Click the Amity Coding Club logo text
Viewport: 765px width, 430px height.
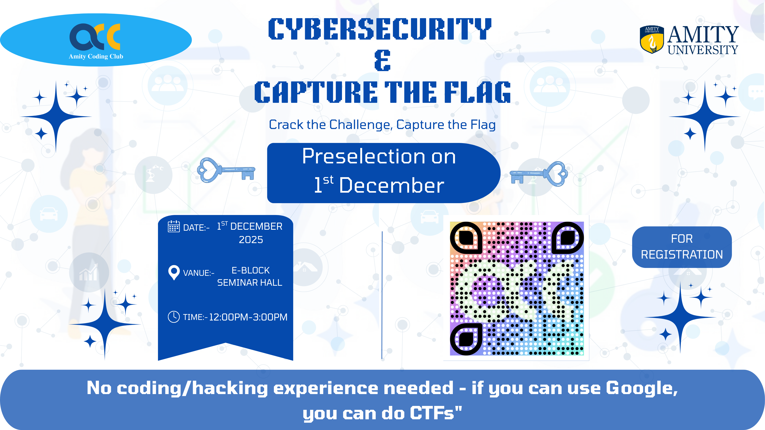96,56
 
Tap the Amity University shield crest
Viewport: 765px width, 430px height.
652,40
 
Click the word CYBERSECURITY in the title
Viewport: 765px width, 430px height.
380,29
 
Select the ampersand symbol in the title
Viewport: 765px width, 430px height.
382,61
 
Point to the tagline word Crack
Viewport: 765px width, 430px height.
286,125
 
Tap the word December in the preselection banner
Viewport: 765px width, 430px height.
391,185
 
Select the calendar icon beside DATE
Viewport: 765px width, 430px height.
174,226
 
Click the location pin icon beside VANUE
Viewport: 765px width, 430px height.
174,272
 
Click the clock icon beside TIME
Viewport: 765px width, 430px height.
174,317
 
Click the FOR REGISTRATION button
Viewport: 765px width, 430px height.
682,247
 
